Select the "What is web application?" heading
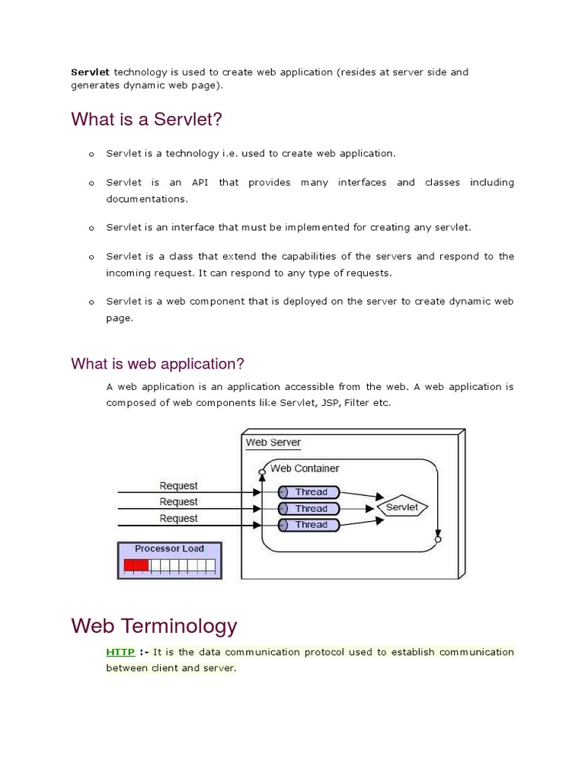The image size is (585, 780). pos(158,363)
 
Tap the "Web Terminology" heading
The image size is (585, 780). pos(154,626)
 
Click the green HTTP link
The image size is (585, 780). pos(120,652)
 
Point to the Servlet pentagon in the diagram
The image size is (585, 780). pos(403,507)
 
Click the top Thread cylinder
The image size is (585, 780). pos(311,492)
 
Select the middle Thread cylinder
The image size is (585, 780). pos(311,508)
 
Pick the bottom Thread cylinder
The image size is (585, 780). pos(311,525)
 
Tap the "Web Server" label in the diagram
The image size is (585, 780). pos(273,443)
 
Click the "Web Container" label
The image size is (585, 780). pos(305,468)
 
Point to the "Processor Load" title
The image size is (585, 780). pos(169,548)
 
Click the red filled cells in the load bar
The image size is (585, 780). pos(137,565)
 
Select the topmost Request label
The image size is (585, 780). pos(178,486)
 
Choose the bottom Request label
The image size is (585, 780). pos(178,519)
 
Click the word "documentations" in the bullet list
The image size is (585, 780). pos(146,199)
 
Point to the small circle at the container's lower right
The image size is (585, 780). pos(438,539)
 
